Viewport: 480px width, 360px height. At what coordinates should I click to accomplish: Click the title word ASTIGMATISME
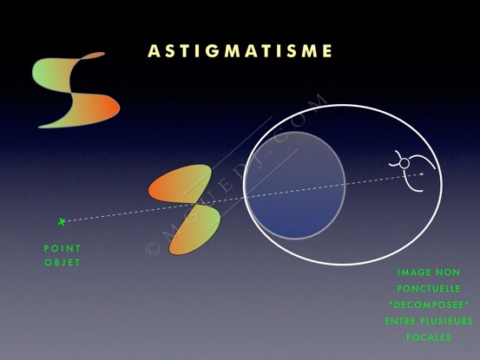240,51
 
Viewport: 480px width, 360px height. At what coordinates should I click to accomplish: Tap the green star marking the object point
62,221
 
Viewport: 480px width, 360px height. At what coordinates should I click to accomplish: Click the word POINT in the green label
62,248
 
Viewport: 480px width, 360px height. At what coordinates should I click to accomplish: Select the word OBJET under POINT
62,263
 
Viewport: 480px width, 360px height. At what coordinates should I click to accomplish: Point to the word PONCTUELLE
429,288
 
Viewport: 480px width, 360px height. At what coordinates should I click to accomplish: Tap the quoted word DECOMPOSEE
429,305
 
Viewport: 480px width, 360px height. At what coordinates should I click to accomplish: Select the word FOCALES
429,337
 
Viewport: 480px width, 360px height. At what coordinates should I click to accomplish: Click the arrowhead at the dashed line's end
422,174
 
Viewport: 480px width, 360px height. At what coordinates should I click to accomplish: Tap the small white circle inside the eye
404,164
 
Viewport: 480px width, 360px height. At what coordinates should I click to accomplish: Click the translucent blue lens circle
295,186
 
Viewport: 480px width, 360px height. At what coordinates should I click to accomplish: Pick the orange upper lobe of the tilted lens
181,184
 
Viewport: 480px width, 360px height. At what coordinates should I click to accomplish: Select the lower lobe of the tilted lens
194,230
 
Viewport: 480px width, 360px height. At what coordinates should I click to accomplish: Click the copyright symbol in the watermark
153,249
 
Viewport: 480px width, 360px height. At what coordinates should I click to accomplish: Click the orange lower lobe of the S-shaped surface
92,110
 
